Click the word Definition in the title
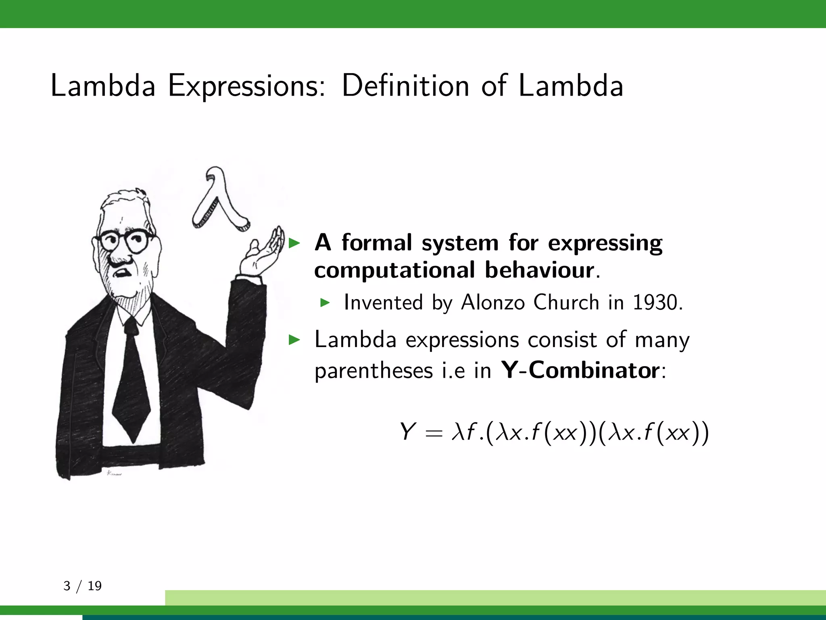pyautogui.click(x=405, y=86)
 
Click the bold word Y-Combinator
pyautogui.click(x=580, y=370)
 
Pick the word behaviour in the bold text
pyautogui.click(x=539, y=270)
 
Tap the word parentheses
pyautogui.click(x=373, y=371)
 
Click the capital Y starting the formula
pyautogui.click(x=407, y=431)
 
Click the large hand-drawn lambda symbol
pyautogui.click(x=220, y=200)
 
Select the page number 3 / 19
pyautogui.click(x=82, y=586)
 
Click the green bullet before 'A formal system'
pyautogui.click(x=295, y=243)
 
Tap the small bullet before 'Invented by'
pyautogui.click(x=325, y=303)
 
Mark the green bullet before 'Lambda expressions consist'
pyautogui.click(x=295, y=340)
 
